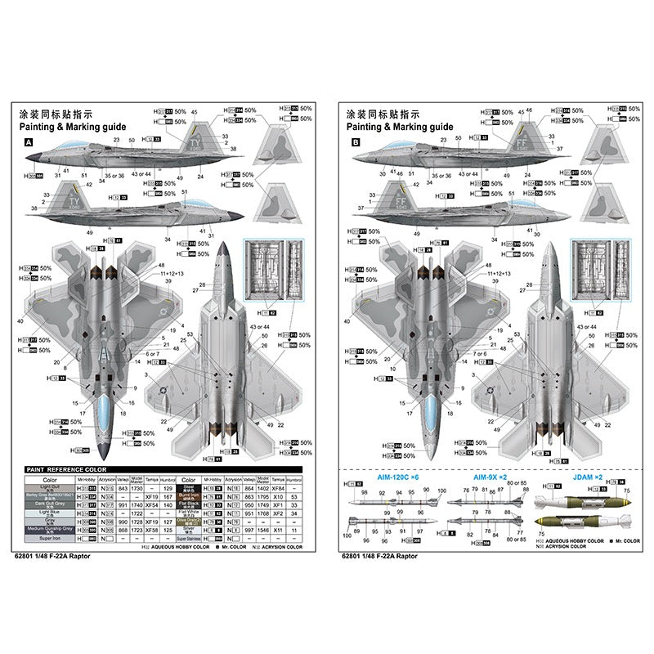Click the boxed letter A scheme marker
tap(29, 141)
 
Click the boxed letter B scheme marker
tap(355, 141)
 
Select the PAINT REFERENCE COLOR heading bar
tap(66, 469)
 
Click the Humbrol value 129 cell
tap(168, 487)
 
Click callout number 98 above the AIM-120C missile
tap(364, 493)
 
